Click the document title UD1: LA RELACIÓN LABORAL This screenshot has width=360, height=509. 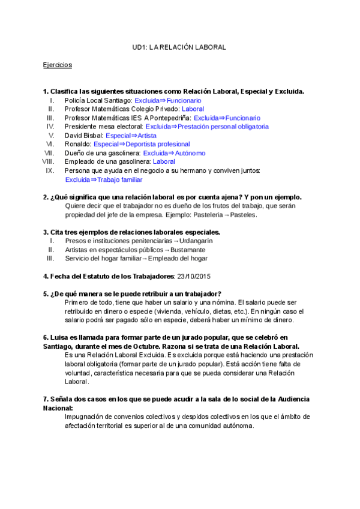(x=179, y=47)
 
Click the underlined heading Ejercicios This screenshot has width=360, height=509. (x=57, y=65)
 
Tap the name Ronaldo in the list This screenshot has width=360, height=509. (x=78, y=144)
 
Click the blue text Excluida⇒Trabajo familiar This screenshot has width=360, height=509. (x=103, y=179)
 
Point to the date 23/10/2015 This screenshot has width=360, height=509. (x=193, y=276)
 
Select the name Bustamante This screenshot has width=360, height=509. (x=188, y=250)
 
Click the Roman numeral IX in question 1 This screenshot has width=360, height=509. (x=50, y=170)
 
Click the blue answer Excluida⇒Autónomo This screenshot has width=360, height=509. (x=174, y=153)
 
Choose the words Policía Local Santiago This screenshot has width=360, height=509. (x=98, y=100)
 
